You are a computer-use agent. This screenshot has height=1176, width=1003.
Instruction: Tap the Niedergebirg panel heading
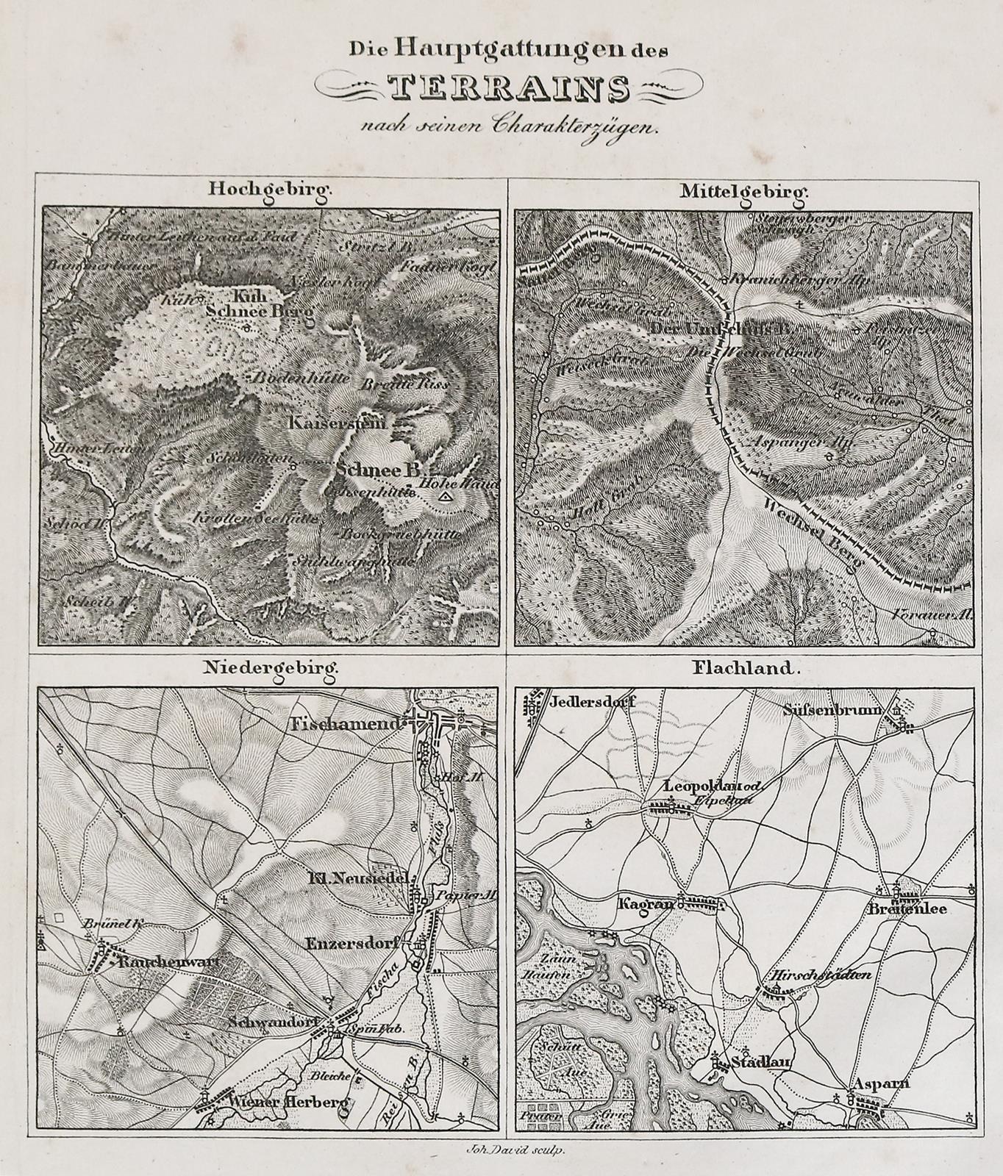coord(273,669)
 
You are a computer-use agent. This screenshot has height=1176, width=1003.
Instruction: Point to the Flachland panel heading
coord(745,669)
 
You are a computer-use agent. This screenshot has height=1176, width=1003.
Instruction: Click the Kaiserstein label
coord(331,424)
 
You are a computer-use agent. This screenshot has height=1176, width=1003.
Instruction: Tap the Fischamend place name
coord(347,723)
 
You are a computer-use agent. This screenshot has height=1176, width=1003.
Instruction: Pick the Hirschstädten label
coord(821,975)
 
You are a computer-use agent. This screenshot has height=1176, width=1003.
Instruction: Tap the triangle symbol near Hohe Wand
coord(443,498)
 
